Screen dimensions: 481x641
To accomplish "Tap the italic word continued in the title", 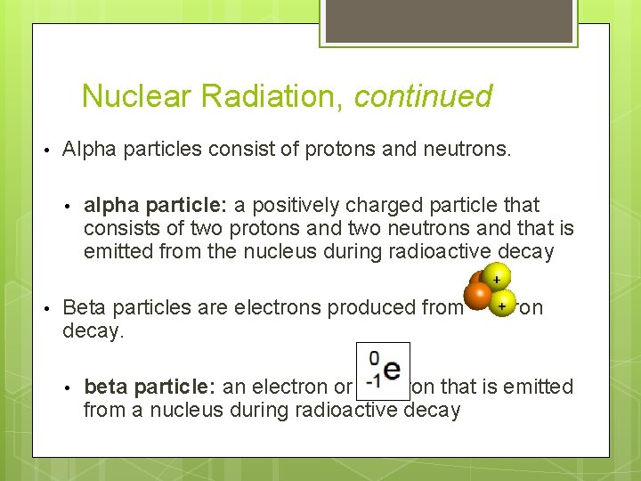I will pyautogui.click(x=423, y=96).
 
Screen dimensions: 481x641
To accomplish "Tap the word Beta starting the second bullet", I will pyautogui.click(x=85, y=307).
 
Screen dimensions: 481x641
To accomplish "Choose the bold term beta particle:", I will pyautogui.click(x=142, y=387).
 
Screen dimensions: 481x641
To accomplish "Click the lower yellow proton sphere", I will pyautogui.click(x=503, y=303).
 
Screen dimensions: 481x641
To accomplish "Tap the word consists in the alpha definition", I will pyautogui.click(x=118, y=229).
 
